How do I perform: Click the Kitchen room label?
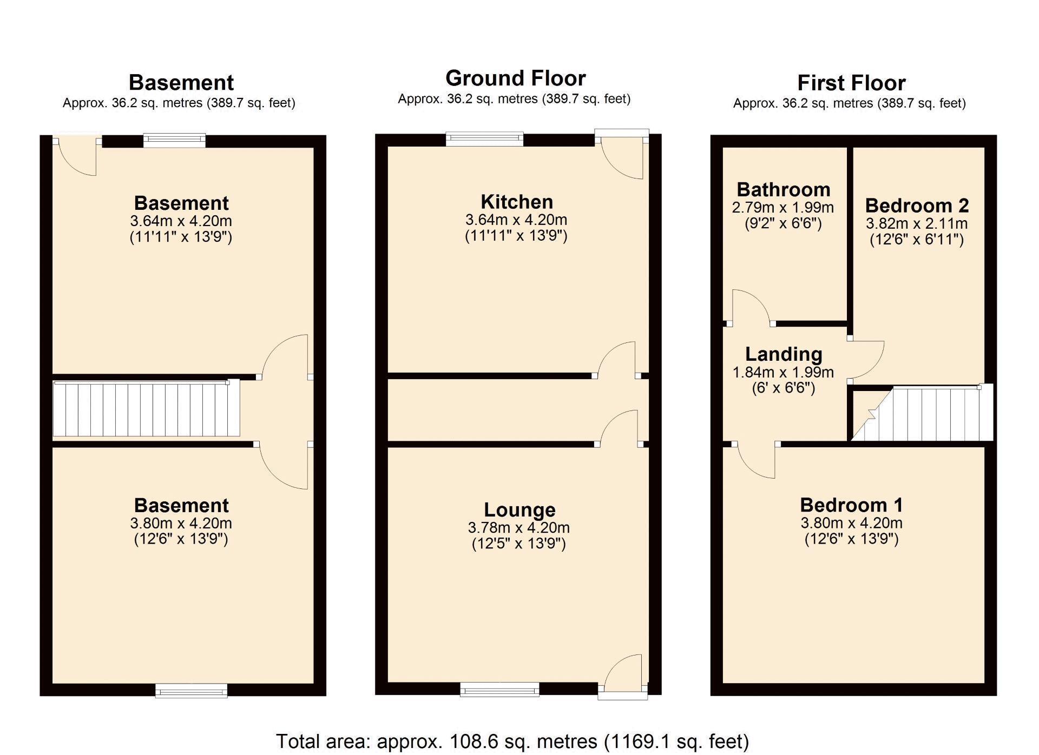tap(517, 202)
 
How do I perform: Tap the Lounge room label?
tap(519, 509)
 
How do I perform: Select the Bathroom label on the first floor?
tap(784, 190)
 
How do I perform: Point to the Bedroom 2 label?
tap(917, 206)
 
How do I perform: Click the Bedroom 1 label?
tap(852, 505)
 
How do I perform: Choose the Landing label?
tap(784, 354)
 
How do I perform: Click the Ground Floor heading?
tap(516, 78)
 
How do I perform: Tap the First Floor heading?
tap(851, 83)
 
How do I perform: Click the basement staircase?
tap(146, 408)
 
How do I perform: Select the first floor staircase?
tap(923, 413)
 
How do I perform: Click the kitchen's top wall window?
tap(485, 139)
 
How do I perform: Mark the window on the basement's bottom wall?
tap(192, 691)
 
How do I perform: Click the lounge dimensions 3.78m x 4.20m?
tap(519, 527)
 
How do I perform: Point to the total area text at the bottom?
tap(512, 741)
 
